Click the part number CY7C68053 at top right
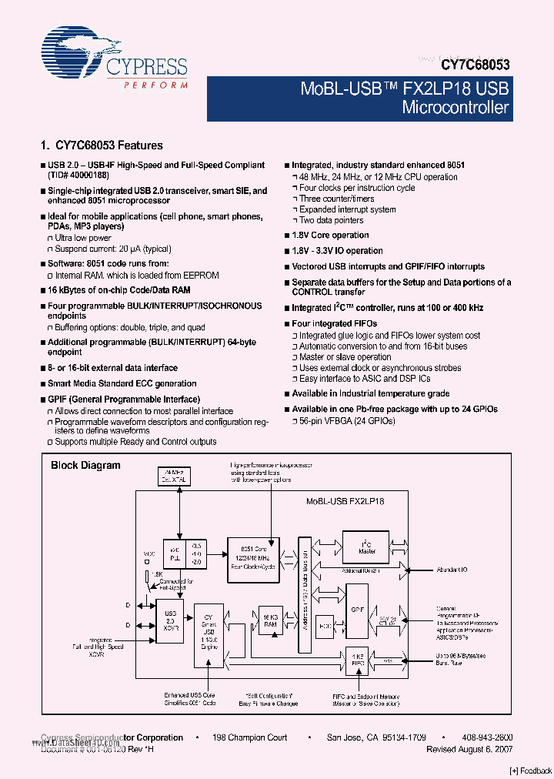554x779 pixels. (x=476, y=66)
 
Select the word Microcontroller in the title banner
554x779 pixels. (x=456, y=108)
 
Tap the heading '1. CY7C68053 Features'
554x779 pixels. (x=101, y=145)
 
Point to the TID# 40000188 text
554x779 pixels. (x=84, y=176)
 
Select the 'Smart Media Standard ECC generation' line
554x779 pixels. (x=122, y=383)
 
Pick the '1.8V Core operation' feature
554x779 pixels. (x=330, y=235)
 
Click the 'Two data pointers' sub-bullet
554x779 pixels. (x=331, y=220)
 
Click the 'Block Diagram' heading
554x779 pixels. (x=85, y=465)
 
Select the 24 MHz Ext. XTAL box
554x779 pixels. (x=177, y=476)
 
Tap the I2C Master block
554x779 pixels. (x=366, y=547)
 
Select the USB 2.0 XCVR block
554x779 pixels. (x=171, y=620)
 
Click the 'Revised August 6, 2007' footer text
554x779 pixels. (x=469, y=749)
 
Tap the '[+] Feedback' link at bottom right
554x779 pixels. (x=530, y=771)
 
